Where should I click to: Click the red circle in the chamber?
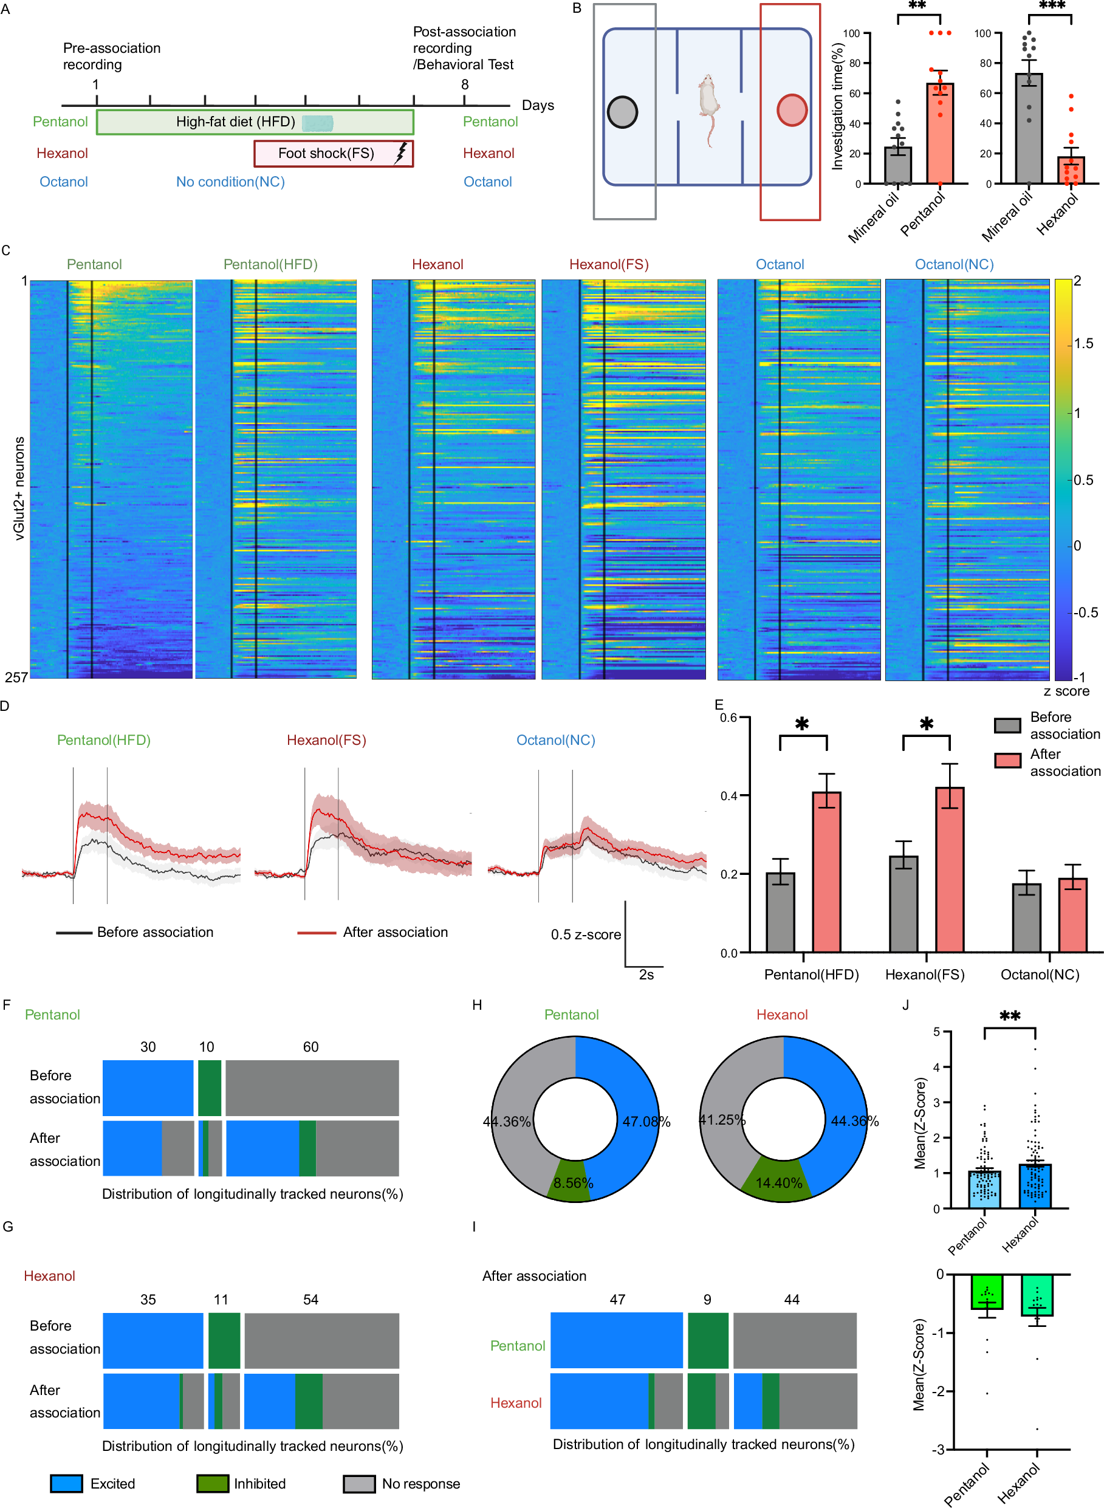point(792,110)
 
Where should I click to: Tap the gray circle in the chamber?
point(622,112)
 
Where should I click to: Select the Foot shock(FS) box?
point(333,153)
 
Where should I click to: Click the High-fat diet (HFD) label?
point(235,122)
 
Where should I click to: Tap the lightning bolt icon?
point(400,153)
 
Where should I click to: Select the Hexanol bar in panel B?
point(1071,170)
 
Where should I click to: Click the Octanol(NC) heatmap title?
point(954,264)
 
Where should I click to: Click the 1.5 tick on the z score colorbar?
point(1083,344)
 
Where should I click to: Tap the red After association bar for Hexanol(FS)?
point(949,869)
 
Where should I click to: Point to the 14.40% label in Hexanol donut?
point(778,1184)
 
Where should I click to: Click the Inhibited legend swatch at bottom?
point(212,1484)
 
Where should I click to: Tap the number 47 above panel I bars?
point(617,1300)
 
